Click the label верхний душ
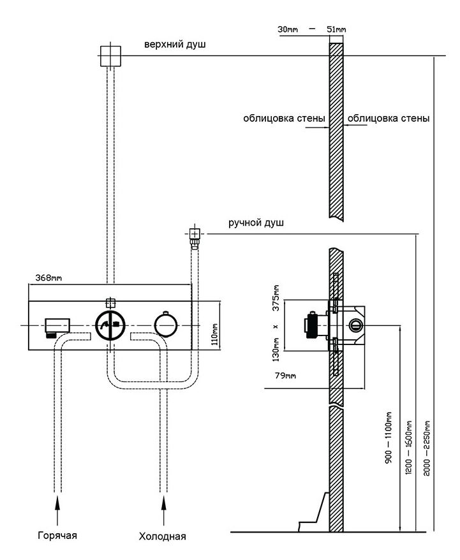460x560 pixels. pyautogui.click(x=174, y=45)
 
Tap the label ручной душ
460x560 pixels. pyautogui.click(x=256, y=223)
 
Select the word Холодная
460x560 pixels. pyautogui.click(x=162, y=536)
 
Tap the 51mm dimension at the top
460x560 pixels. pyautogui.click(x=336, y=29)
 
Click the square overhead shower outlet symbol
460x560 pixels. pyautogui.click(x=110, y=55)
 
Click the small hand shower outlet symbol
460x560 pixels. pyautogui.click(x=193, y=233)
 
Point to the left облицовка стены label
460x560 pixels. pyautogui.click(x=284, y=119)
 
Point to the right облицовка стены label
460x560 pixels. pyautogui.click(x=387, y=119)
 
